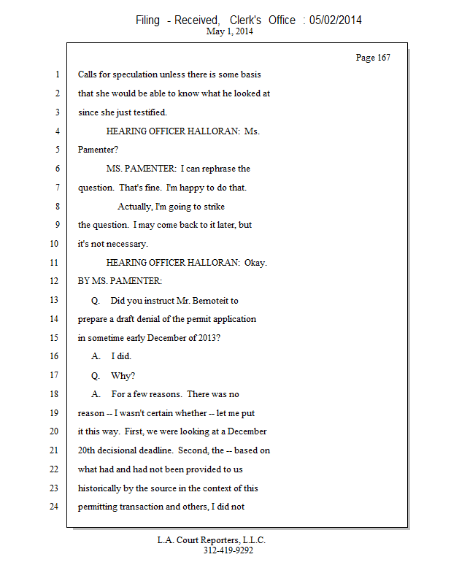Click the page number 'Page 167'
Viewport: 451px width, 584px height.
[372, 58]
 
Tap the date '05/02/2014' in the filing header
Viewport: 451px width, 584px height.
[336, 20]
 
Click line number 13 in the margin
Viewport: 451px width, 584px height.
[55, 300]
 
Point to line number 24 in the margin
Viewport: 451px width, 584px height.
[55, 507]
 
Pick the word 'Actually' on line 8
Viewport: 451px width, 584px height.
[136, 206]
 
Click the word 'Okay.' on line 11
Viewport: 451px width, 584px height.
[256, 262]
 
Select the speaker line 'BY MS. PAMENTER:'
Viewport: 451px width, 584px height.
[120, 281]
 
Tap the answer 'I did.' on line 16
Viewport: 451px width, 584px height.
[122, 356]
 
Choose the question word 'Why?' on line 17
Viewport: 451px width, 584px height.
[123, 375]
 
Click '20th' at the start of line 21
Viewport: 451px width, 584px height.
[88, 450]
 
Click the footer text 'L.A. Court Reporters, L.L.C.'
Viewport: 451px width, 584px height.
[212, 540]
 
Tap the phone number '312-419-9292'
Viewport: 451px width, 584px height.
[228, 550]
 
